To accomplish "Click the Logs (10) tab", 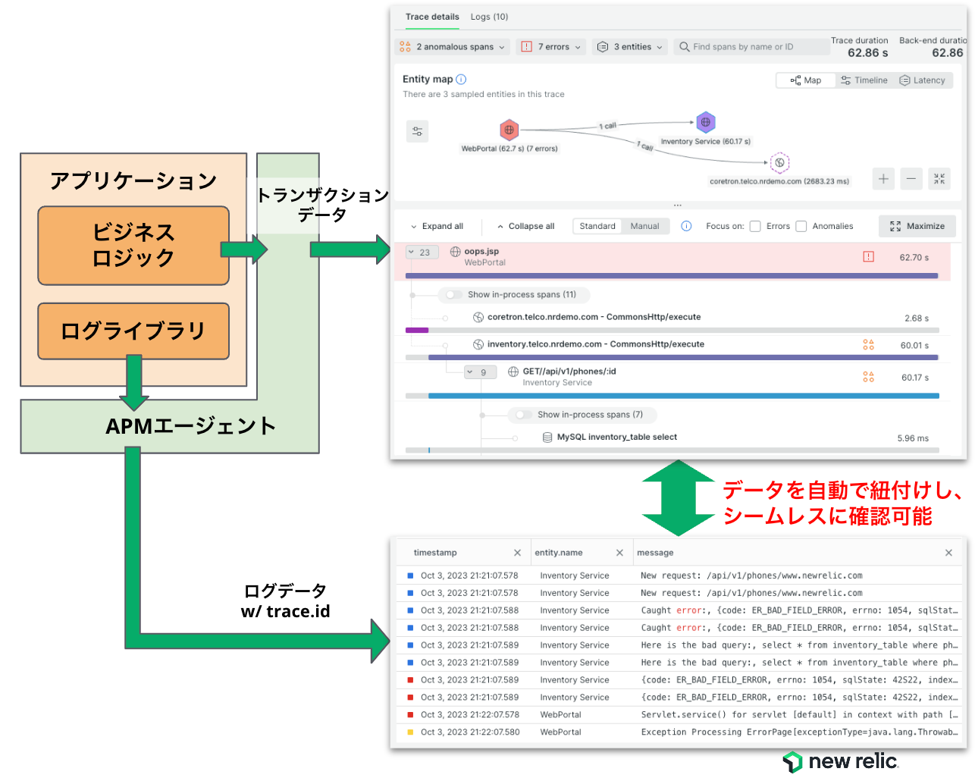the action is (488, 17).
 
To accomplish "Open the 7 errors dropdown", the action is (550, 47).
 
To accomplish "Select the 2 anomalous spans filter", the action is (451, 47).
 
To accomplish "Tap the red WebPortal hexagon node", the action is (508, 130).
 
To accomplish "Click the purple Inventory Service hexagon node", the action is (704, 122).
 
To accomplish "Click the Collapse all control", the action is (525, 226).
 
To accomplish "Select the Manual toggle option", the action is (644, 226).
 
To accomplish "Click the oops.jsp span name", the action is (481, 251).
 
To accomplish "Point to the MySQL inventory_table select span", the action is (616, 437).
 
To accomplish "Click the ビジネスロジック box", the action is (133, 245).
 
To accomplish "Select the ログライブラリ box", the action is (133, 331).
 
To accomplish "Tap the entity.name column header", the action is (558, 552).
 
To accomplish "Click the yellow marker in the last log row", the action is (409, 731).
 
